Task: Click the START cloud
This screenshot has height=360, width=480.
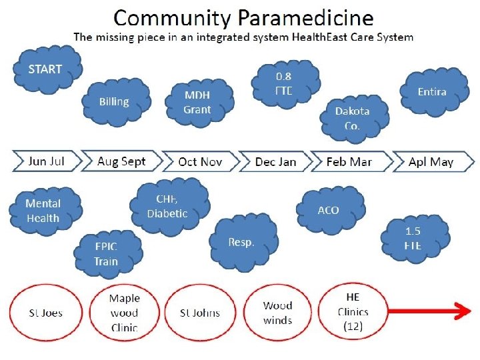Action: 45,69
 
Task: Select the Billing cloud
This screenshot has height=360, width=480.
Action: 114,102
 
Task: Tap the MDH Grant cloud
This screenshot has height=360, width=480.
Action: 197,103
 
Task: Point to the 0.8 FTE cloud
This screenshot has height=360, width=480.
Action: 284,83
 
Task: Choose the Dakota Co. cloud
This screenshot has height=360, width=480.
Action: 352,118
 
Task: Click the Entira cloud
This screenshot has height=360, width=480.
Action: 432,92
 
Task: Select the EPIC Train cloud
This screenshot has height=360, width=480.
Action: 106,253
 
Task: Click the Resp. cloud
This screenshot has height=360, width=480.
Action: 241,242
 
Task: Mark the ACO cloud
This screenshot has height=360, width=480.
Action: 328,210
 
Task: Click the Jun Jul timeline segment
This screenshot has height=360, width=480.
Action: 47,161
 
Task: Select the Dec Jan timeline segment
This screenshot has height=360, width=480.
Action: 275,161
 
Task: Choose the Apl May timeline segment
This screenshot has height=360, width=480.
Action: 431,161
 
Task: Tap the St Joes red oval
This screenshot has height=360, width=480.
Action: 45,313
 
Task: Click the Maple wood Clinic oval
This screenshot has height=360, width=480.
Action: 124,313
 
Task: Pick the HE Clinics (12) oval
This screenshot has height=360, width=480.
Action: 353,311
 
